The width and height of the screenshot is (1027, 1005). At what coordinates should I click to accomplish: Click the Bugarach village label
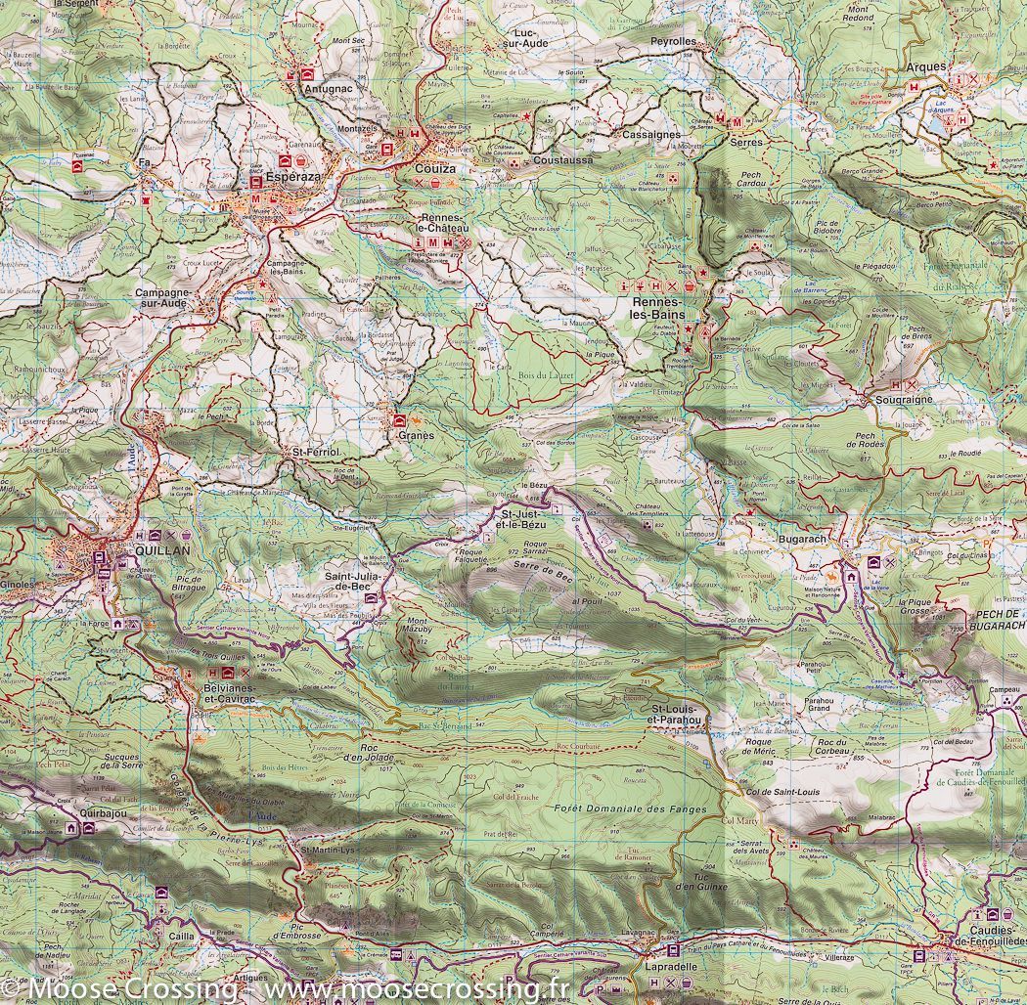click(x=804, y=540)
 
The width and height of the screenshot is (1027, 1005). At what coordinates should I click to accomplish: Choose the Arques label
click(x=926, y=66)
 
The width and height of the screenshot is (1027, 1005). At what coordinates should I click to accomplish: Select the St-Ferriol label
click(x=316, y=453)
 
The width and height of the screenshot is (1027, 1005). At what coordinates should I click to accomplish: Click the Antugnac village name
click(x=328, y=89)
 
